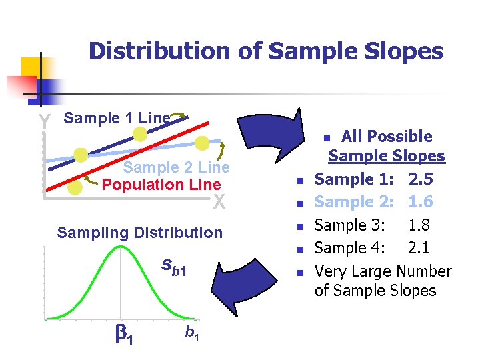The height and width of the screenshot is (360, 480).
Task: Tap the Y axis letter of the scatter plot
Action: (x=44, y=122)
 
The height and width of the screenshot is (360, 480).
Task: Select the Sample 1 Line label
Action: (x=117, y=118)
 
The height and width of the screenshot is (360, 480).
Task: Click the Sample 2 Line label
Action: (x=176, y=167)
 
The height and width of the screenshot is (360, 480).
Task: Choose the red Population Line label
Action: (x=161, y=184)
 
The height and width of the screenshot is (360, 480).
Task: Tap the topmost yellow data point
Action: (x=139, y=135)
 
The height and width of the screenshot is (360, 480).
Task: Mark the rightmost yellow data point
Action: (x=203, y=143)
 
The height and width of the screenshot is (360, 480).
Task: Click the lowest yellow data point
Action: (x=75, y=188)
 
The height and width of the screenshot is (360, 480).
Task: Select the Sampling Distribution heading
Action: (x=140, y=233)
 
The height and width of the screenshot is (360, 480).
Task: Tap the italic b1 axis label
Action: (x=190, y=332)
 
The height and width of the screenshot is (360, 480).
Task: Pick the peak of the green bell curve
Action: (x=121, y=247)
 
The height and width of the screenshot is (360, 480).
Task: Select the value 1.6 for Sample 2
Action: (x=421, y=202)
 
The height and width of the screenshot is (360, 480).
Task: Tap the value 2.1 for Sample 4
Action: (x=418, y=249)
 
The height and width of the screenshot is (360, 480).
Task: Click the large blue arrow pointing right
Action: (x=267, y=133)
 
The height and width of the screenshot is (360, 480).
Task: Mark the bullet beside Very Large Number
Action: (x=301, y=273)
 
